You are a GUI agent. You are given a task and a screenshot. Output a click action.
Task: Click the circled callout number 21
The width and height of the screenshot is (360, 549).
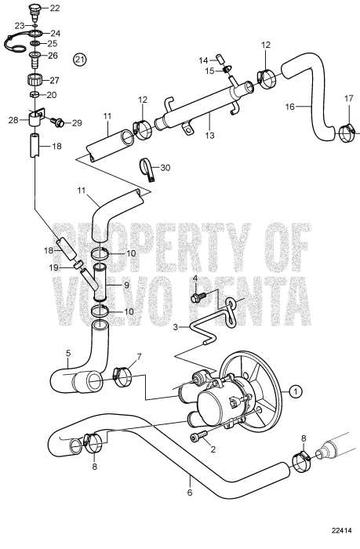(79, 60)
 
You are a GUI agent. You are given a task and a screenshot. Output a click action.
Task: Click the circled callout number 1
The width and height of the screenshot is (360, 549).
(295, 390)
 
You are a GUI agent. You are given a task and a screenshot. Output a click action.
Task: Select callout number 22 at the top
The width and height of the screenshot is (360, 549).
(54, 9)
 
